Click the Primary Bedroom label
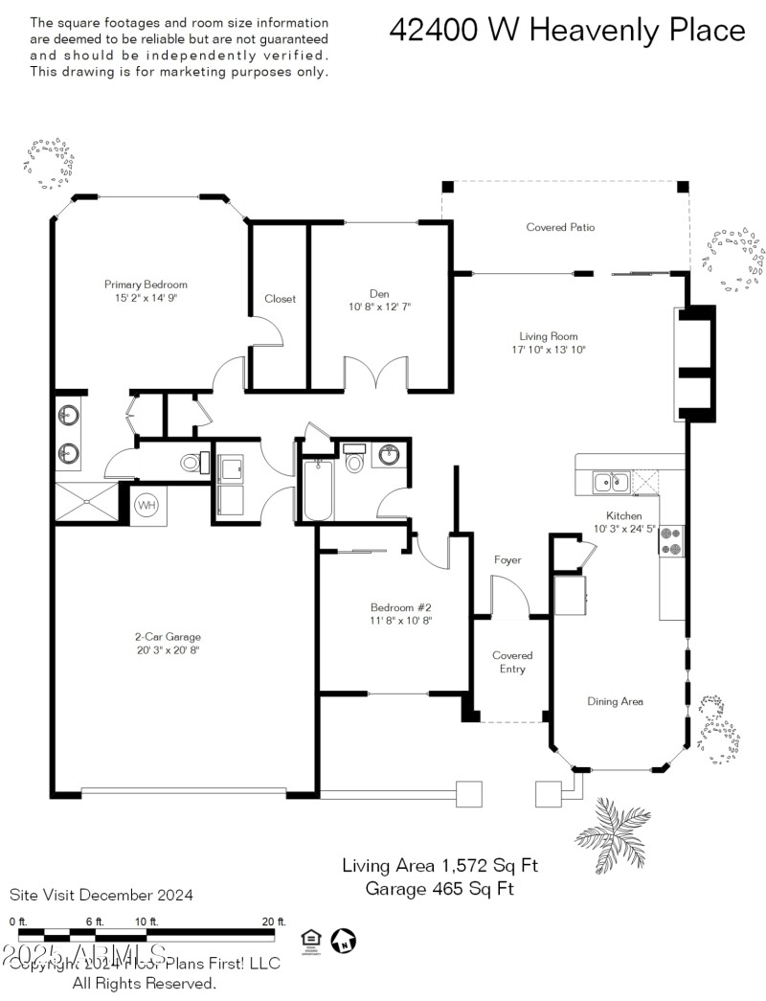pyautogui.click(x=146, y=284)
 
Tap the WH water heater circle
pyautogui.click(x=146, y=505)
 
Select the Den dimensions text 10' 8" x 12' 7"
pyautogui.click(x=379, y=307)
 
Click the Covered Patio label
pyautogui.click(x=560, y=227)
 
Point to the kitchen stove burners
pyautogui.click(x=671, y=541)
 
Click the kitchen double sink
pyautogui.click(x=611, y=481)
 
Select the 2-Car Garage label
pyautogui.click(x=168, y=636)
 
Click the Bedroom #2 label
pyautogui.click(x=401, y=607)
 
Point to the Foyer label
pyautogui.click(x=507, y=559)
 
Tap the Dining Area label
pyautogui.click(x=615, y=701)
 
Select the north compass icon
pyautogui.click(x=342, y=941)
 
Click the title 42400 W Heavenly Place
pyautogui.click(x=567, y=31)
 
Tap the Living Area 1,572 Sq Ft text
pyautogui.click(x=440, y=866)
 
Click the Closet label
pyautogui.click(x=281, y=299)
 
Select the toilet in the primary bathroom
pyautogui.click(x=191, y=464)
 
